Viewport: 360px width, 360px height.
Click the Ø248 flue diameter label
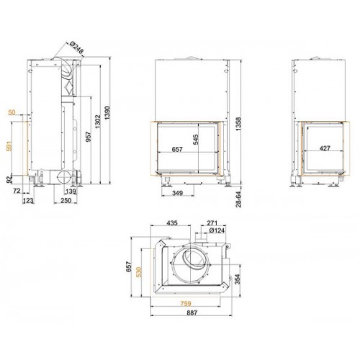(x=76, y=48)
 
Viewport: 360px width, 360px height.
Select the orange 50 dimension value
(x=12, y=112)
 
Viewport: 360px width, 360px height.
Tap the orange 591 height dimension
(x=9, y=146)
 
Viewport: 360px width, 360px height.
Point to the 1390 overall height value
(x=107, y=113)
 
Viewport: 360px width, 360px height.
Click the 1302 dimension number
(x=98, y=122)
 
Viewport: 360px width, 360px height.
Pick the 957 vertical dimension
(x=89, y=137)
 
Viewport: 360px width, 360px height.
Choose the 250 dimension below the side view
(x=66, y=200)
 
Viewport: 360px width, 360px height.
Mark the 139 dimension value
(x=71, y=192)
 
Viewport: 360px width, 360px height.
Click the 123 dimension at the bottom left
(x=29, y=201)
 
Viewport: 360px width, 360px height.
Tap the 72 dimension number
(x=17, y=191)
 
